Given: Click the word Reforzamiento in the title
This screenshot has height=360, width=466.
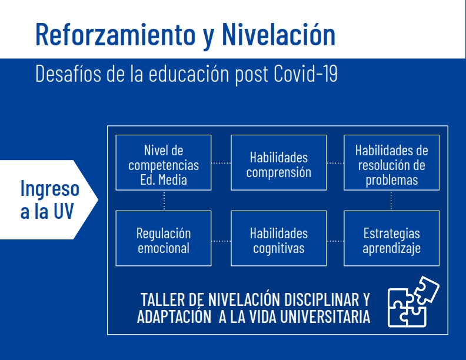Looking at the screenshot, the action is point(115,35).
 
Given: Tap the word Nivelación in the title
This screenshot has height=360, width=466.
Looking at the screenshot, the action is point(278,35).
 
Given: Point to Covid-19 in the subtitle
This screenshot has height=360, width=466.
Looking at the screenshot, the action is point(305,74).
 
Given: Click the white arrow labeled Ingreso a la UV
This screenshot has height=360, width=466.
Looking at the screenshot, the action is point(49,199).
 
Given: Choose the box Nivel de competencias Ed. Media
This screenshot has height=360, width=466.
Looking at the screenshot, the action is point(164,162).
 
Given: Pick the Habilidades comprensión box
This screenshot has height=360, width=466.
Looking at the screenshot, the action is point(278,162).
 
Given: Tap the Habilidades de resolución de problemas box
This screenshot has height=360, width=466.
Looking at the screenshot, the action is point(391,162).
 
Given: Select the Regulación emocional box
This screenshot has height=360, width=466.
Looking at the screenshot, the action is point(164,238).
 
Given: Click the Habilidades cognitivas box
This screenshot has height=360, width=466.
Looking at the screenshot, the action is point(278,238).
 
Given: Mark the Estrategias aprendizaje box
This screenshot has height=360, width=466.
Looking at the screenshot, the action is point(391,238).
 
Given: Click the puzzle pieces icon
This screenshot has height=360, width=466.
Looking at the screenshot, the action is point(414,302).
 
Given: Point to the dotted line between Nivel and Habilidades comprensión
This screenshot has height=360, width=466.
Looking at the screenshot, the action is point(221,163).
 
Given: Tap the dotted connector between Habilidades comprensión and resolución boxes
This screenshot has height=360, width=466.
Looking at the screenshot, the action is point(335,163).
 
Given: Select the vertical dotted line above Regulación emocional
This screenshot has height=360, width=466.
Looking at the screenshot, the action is point(164,201).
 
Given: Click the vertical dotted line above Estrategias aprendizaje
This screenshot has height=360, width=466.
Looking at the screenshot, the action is point(391,201).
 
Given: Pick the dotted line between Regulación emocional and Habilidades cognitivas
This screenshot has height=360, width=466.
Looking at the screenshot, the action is point(221,241).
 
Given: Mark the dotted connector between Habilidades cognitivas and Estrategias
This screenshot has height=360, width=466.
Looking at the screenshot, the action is point(335,241).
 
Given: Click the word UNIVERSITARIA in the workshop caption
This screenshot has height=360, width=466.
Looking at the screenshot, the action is point(325,316).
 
